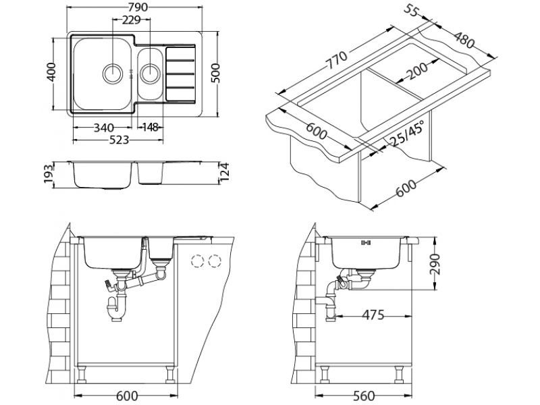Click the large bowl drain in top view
pyautogui.click(x=112, y=72)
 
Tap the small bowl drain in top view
pyautogui.click(x=148, y=70)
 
